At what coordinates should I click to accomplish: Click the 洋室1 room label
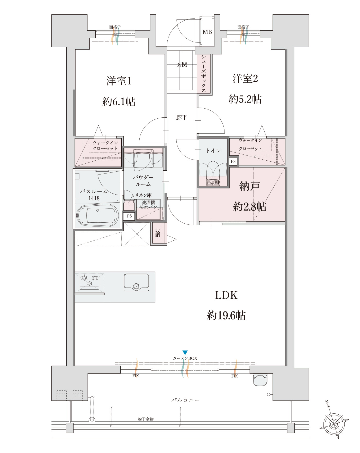(119, 81)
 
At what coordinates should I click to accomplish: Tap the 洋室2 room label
(245, 79)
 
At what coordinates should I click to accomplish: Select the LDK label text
(226, 295)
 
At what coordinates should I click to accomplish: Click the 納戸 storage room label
(249, 186)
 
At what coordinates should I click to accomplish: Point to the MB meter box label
(207, 32)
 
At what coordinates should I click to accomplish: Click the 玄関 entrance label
(182, 64)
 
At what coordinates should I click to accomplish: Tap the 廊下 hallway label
(182, 118)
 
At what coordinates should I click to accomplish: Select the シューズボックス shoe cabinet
(204, 74)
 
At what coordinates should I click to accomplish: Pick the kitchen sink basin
(136, 282)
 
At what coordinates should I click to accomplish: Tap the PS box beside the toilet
(233, 161)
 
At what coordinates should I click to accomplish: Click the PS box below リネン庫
(129, 216)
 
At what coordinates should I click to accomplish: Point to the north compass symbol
(334, 423)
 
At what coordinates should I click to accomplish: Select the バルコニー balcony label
(185, 400)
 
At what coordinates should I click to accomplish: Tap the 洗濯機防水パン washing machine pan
(148, 210)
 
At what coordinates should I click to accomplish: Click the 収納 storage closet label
(157, 233)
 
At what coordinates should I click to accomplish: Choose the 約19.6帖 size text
(226, 315)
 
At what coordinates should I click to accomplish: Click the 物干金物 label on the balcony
(146, 419)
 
